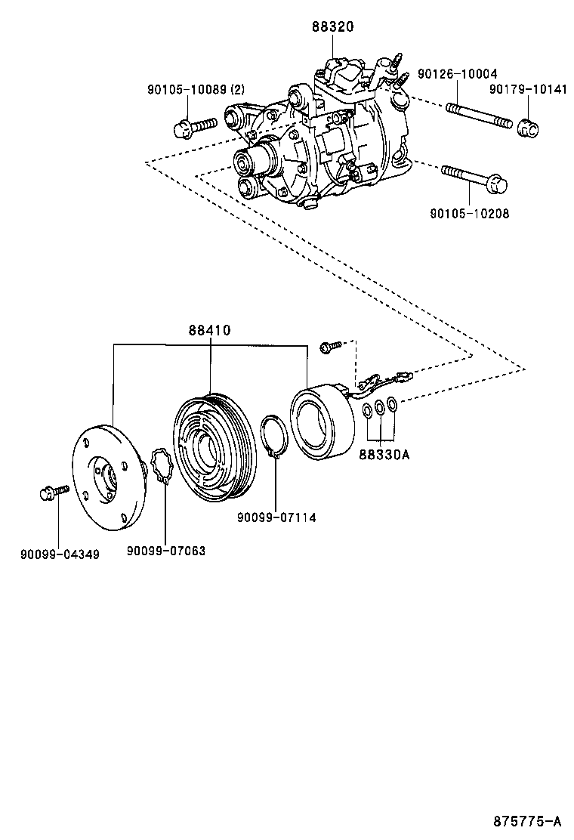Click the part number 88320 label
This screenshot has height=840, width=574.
pos(332,27)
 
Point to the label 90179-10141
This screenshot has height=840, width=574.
pos(527,89)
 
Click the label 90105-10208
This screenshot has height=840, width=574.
pos(470,214)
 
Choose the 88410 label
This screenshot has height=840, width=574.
pos(209,331)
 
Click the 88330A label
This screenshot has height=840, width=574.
pos(384,455)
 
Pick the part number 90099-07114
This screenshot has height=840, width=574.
pos(276,517)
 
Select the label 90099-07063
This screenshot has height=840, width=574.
pos(166,551)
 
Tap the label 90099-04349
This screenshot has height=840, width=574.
pos(60,554)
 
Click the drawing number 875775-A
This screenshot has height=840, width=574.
pos(529,821)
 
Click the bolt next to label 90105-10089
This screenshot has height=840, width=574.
pos(195,126)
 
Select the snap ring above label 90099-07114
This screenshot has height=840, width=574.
pos(273,439)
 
